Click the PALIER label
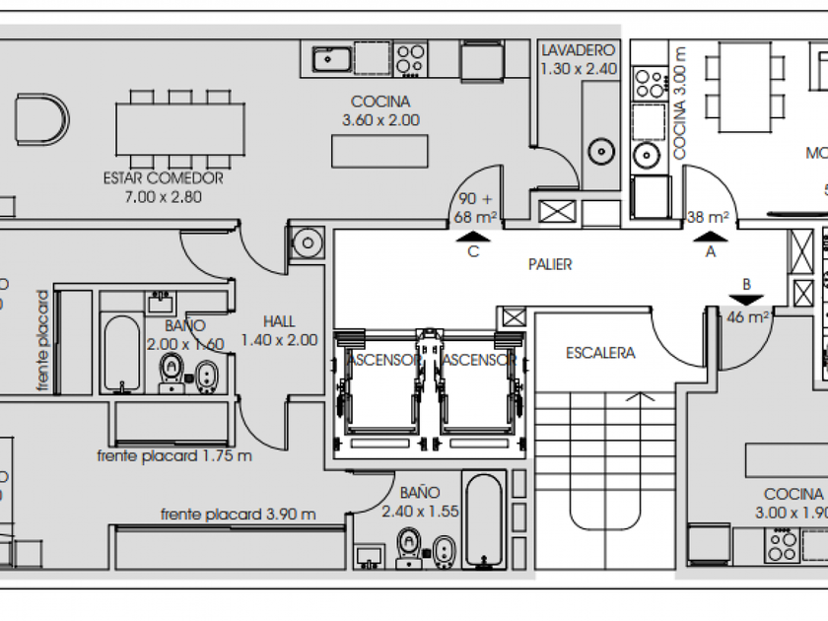point(550,264)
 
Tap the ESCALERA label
point(600,353)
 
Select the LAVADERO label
point(579,50)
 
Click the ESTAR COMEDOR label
point(163,178)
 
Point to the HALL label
point(279,321)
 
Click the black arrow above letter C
point(474,236)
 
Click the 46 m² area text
point(747,317)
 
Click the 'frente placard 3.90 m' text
point(238,515)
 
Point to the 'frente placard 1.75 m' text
point(174,455)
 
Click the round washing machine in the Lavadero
point(600,153)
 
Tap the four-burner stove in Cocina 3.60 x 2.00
point(411,60)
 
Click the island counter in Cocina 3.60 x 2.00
point(379,151)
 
